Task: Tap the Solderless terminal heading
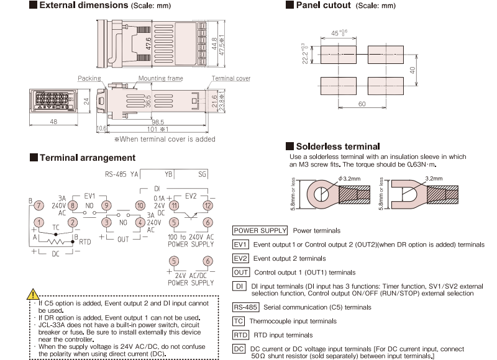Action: pos(336,146)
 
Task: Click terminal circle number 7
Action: pos(39,205)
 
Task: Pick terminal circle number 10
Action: pos(140,205)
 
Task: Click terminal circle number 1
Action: pos(39,222)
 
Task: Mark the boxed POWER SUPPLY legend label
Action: pos(260,231)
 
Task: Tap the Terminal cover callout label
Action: pos(230,79)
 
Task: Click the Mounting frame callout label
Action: pos(160,79)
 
